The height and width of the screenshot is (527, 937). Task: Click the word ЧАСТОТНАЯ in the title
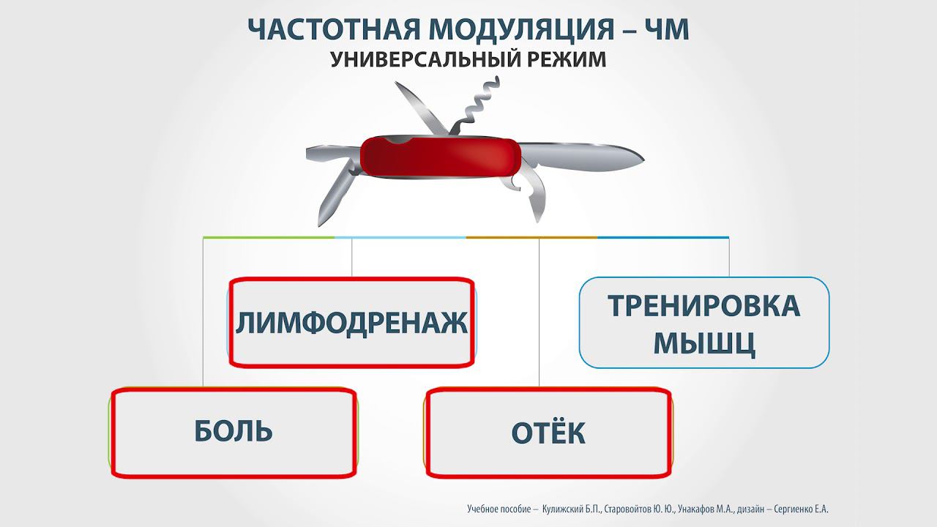point(333,29)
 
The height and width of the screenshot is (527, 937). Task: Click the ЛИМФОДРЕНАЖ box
point(351,323)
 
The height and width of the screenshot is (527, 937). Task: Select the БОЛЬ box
point(234,432)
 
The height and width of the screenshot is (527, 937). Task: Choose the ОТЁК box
point(548,433)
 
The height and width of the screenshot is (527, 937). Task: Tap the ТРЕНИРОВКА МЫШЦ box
point(703,323)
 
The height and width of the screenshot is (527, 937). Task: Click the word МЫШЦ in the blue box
point(703,343)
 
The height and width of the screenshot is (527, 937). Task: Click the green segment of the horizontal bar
point(269,237)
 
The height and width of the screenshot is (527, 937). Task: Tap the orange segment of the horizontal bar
point(531,237)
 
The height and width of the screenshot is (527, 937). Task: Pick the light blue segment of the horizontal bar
point(400,237)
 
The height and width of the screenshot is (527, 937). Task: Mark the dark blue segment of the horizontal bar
point(662,237)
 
